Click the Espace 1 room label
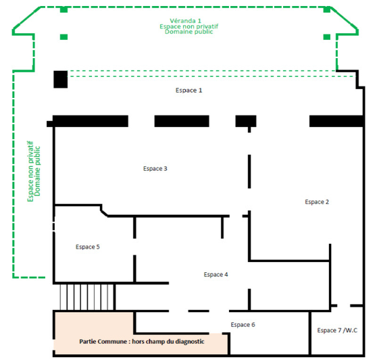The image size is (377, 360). tap(188, 91)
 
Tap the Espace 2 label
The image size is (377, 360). tap(317, 202)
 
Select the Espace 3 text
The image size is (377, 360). tap(155, 169)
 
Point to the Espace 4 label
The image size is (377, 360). tap(216, 274)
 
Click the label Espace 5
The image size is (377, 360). tap(88, 247)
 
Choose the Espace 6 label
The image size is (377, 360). tap(243, 325)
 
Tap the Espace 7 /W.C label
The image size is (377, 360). tap(337, 330)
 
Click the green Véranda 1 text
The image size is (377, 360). tap(185, 21)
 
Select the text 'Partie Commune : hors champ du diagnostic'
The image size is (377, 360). tap(142, 342)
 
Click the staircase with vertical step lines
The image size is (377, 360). tap(86, 297)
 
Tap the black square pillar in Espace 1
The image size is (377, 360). tap(60, 79)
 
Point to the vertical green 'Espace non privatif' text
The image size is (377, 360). tap(30, 172)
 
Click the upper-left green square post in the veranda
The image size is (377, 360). tap(64, 9)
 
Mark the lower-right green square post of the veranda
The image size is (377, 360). tap(327, 36)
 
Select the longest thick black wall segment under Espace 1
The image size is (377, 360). tap(91, 121)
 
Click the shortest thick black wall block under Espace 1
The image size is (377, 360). tap(246, 121)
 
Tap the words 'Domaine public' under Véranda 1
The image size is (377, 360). tap(189, 32)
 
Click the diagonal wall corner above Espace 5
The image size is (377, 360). tap(104, 213)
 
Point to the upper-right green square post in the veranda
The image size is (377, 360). tap(327, 9)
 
